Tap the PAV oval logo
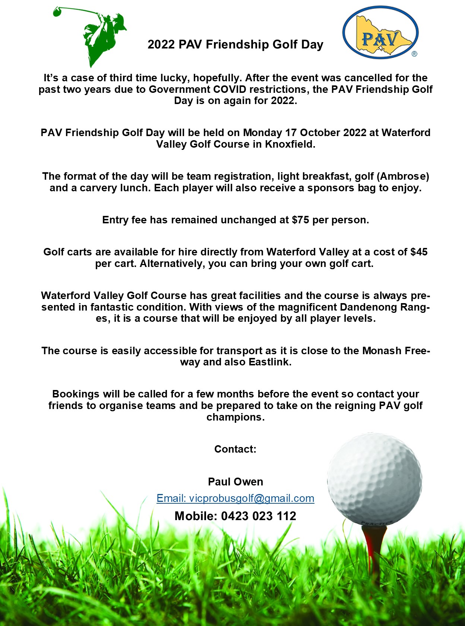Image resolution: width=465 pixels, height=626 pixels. click(380, 32)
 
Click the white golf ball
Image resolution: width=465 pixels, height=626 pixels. click(375, 479)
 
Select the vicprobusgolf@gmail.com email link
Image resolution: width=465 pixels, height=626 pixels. click(235, 498)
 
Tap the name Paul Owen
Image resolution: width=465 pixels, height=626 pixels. click(235, 482)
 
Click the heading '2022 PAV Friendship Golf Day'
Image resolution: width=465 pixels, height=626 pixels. click(235, 45)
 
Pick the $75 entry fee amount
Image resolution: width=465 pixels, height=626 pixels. click(300, 220)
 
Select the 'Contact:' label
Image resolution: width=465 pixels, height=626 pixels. click(235, 449)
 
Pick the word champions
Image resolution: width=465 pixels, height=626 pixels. click(235, 417)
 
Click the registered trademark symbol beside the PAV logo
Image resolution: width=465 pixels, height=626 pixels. click(414, 54)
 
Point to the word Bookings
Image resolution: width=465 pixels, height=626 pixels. click(76, 394)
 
